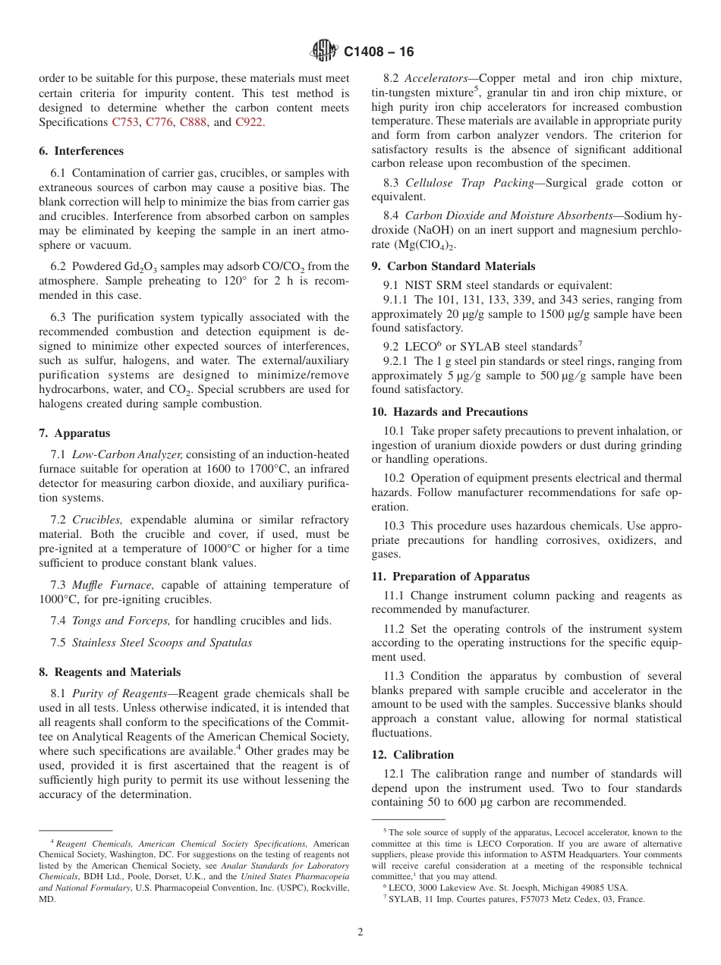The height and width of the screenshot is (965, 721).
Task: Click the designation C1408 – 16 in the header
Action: click(379, 52)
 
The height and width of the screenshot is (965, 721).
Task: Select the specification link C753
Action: click(125, 121)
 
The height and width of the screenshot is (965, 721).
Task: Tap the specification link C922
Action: click(250, 121)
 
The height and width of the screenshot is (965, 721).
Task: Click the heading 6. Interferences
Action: click(81, 151)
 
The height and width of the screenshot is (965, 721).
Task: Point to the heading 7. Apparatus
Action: click(74, 433)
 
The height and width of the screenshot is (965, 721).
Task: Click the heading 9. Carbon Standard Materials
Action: click(453, 266)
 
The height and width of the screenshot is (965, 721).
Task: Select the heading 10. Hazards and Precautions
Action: click(449, 412)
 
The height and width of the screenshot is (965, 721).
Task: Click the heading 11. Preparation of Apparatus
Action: click(451, 577)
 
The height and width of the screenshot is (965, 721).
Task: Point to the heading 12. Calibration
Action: click(413, 755)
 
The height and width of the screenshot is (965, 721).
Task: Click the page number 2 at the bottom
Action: click(360, 932)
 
